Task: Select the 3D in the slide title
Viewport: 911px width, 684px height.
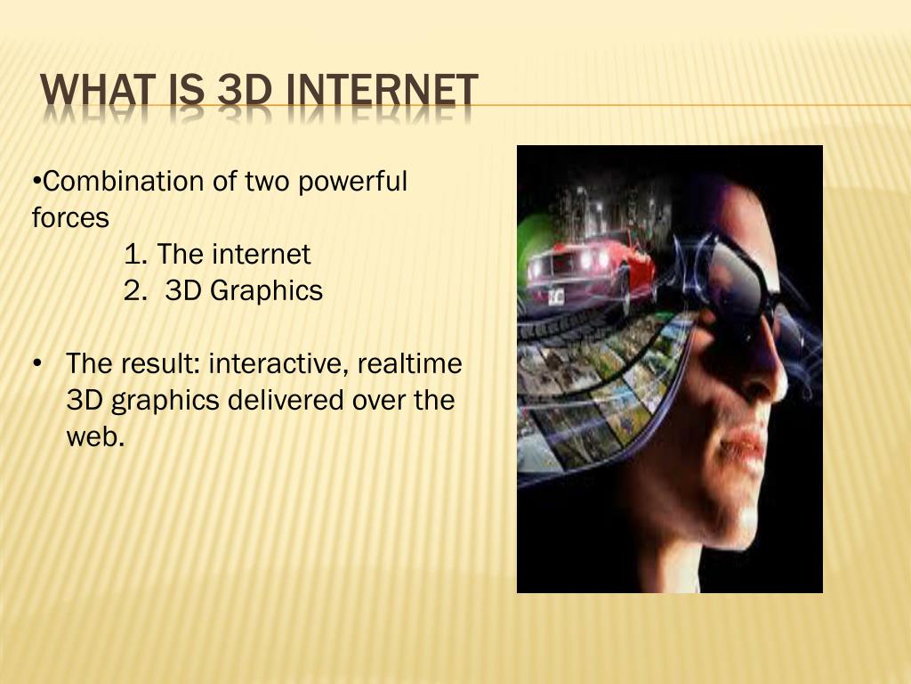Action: pyautogui.click(x=243, y=93)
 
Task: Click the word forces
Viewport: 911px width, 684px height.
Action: pyautogui.click(x=70, y=218)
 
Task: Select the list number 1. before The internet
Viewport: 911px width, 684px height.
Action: pyautogui.click(x=135, y=255)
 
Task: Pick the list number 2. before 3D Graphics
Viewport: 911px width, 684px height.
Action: pyautogui.click(x=136, y=291)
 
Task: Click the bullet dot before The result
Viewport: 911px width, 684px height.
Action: pyautogui.click(x=37, y=364)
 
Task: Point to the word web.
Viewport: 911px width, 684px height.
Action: pyautogui.click(x=93, y=437)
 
